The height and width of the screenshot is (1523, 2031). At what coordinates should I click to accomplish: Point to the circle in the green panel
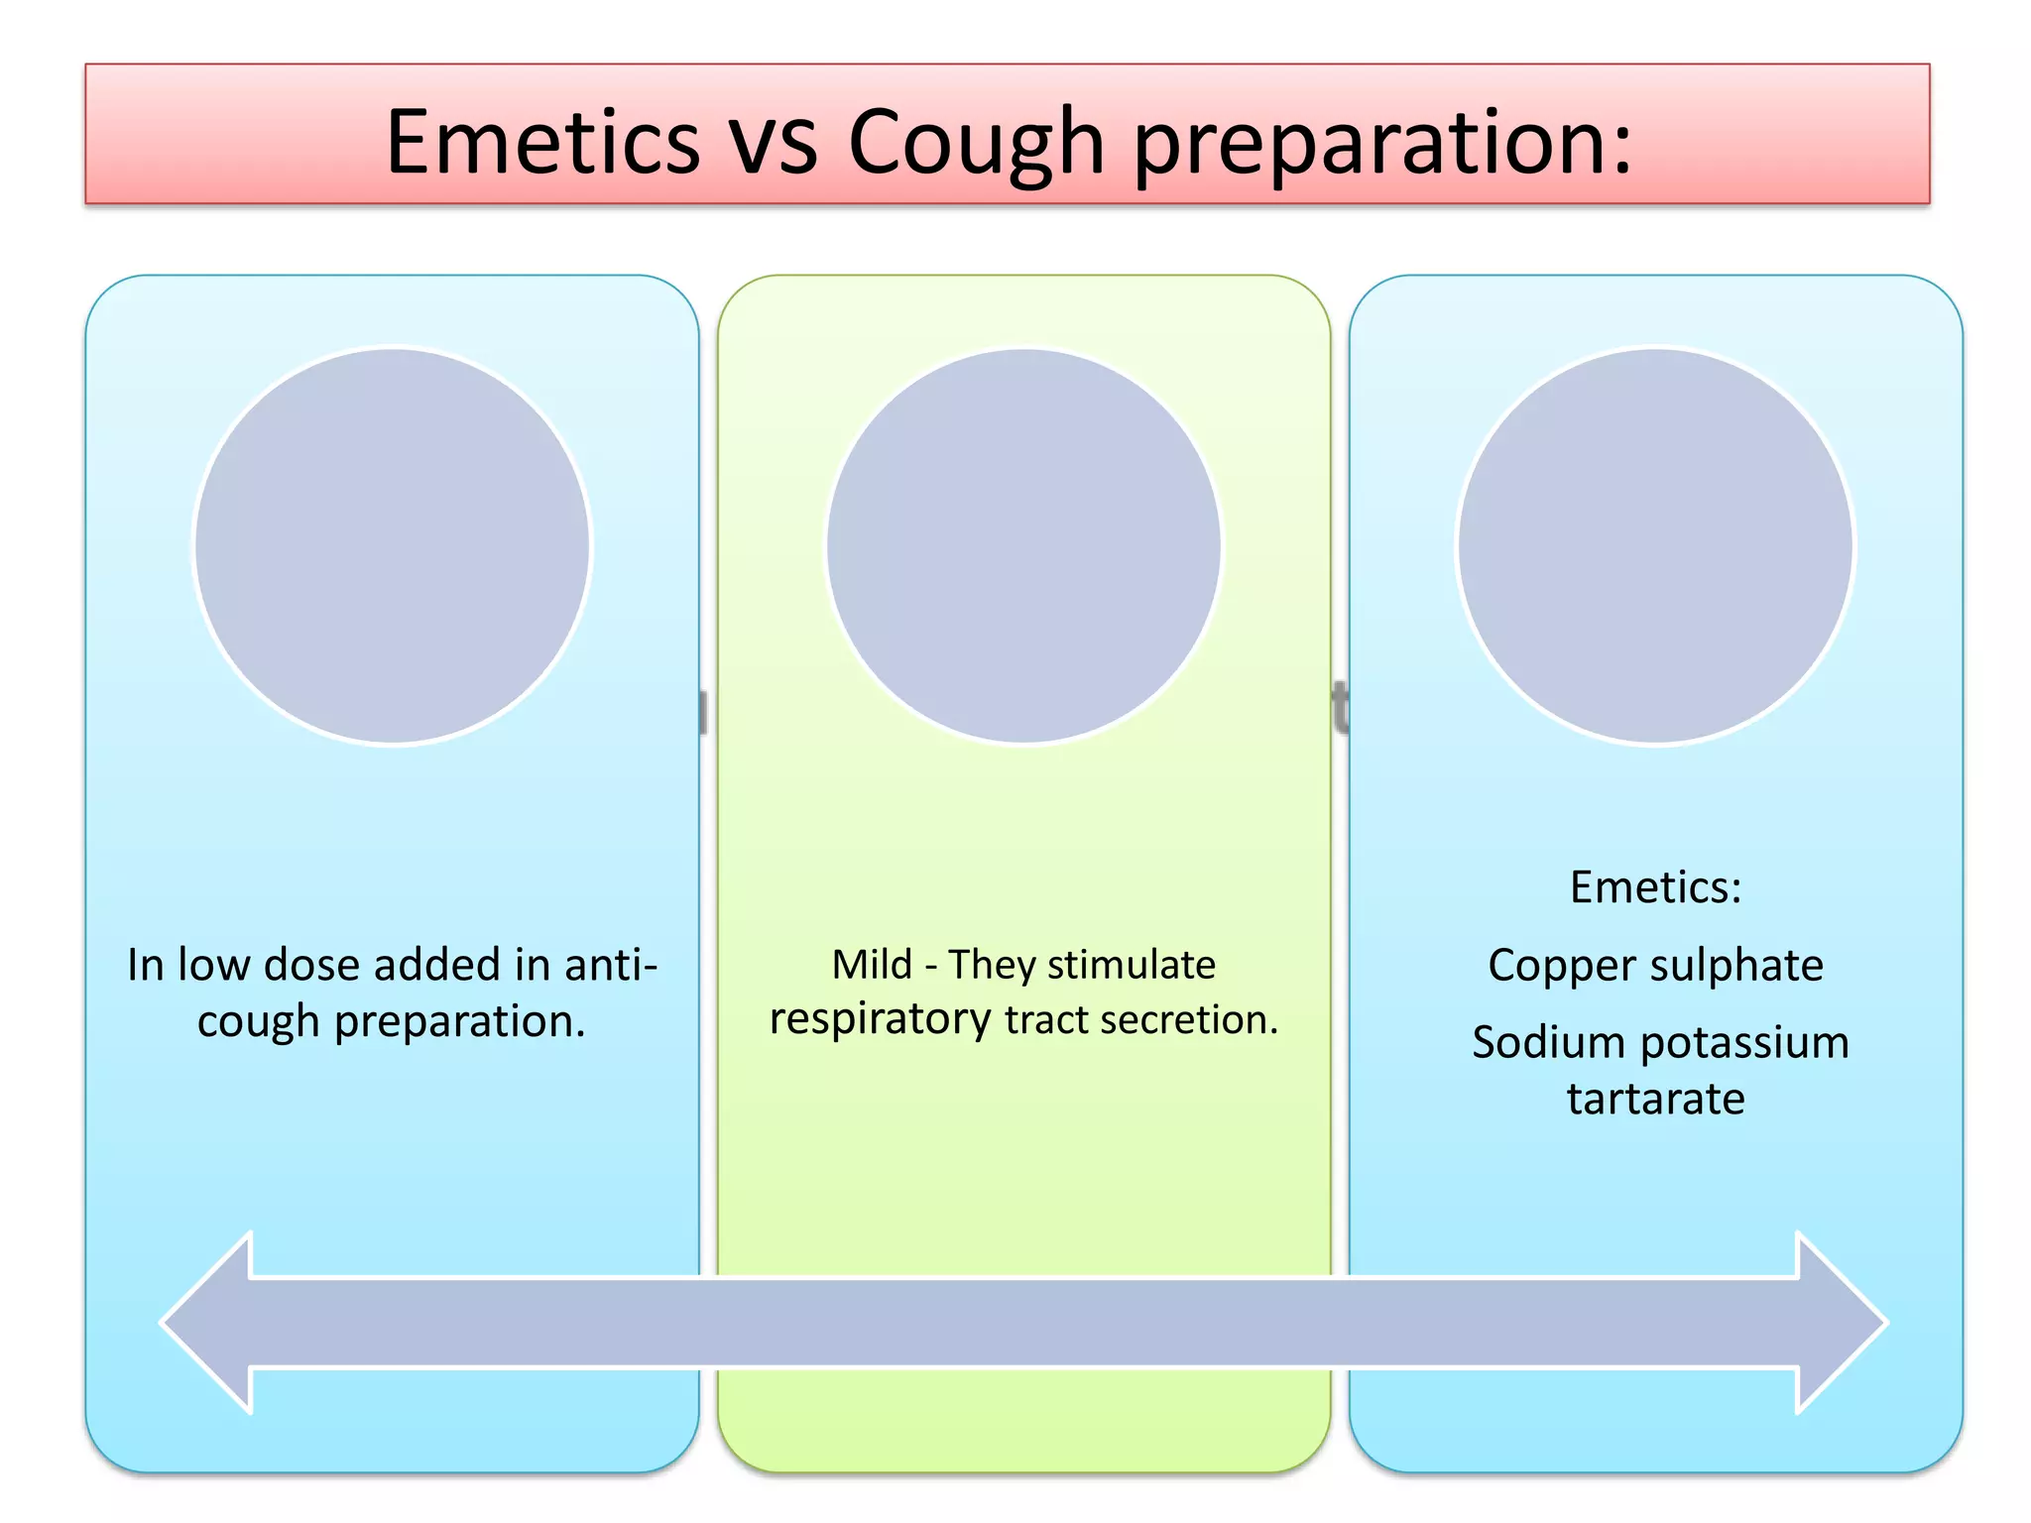(1023, 545)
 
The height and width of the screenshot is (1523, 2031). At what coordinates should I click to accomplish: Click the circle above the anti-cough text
(393, 545)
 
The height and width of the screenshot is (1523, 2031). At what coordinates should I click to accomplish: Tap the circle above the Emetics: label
(1655, 545)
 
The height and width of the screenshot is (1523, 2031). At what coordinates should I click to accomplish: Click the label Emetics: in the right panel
(1655, 886)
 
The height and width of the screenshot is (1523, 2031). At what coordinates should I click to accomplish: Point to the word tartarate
(1655, 1099)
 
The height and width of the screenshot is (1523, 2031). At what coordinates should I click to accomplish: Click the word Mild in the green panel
(871, 964)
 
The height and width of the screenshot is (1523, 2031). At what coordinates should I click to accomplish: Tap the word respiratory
(880, 1020)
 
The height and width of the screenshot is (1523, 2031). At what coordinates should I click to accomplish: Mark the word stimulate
(1131, 964)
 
